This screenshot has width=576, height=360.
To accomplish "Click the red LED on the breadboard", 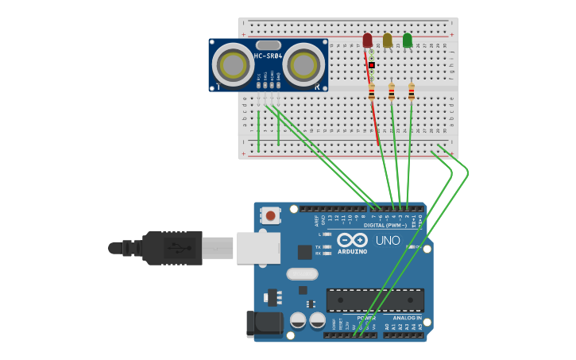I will coord(367,40).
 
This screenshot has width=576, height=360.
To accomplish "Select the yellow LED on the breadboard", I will coord(387,40).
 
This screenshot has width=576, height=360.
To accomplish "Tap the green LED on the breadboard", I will coord(408,40).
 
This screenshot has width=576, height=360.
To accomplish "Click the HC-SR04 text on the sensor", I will coord(268,56).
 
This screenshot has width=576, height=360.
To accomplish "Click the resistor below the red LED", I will coord(371,92).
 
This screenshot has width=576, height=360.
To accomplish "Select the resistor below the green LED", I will coord(411,91).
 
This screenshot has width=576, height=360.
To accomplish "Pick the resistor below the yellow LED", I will coord(391,91).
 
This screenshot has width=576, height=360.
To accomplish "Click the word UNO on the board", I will coord(388,240).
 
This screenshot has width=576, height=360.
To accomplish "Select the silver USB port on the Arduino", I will coord(259,248).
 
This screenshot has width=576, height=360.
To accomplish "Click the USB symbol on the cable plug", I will coord(180,248).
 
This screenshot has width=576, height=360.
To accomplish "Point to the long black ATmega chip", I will coord(375,300).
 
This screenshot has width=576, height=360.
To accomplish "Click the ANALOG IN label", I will coord(408,317).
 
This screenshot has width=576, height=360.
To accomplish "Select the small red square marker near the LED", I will coord(371,65).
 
